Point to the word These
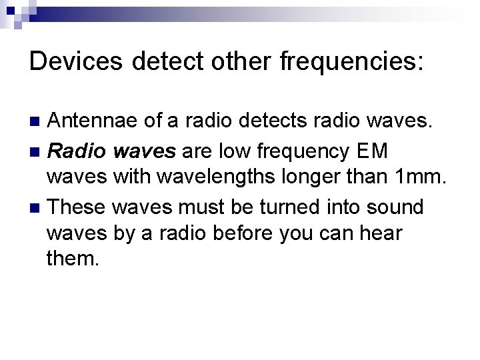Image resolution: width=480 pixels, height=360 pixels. pyautogui.click(x=77, y=207)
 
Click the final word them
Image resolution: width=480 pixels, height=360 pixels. pyautogui.click(x=73, y=257)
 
